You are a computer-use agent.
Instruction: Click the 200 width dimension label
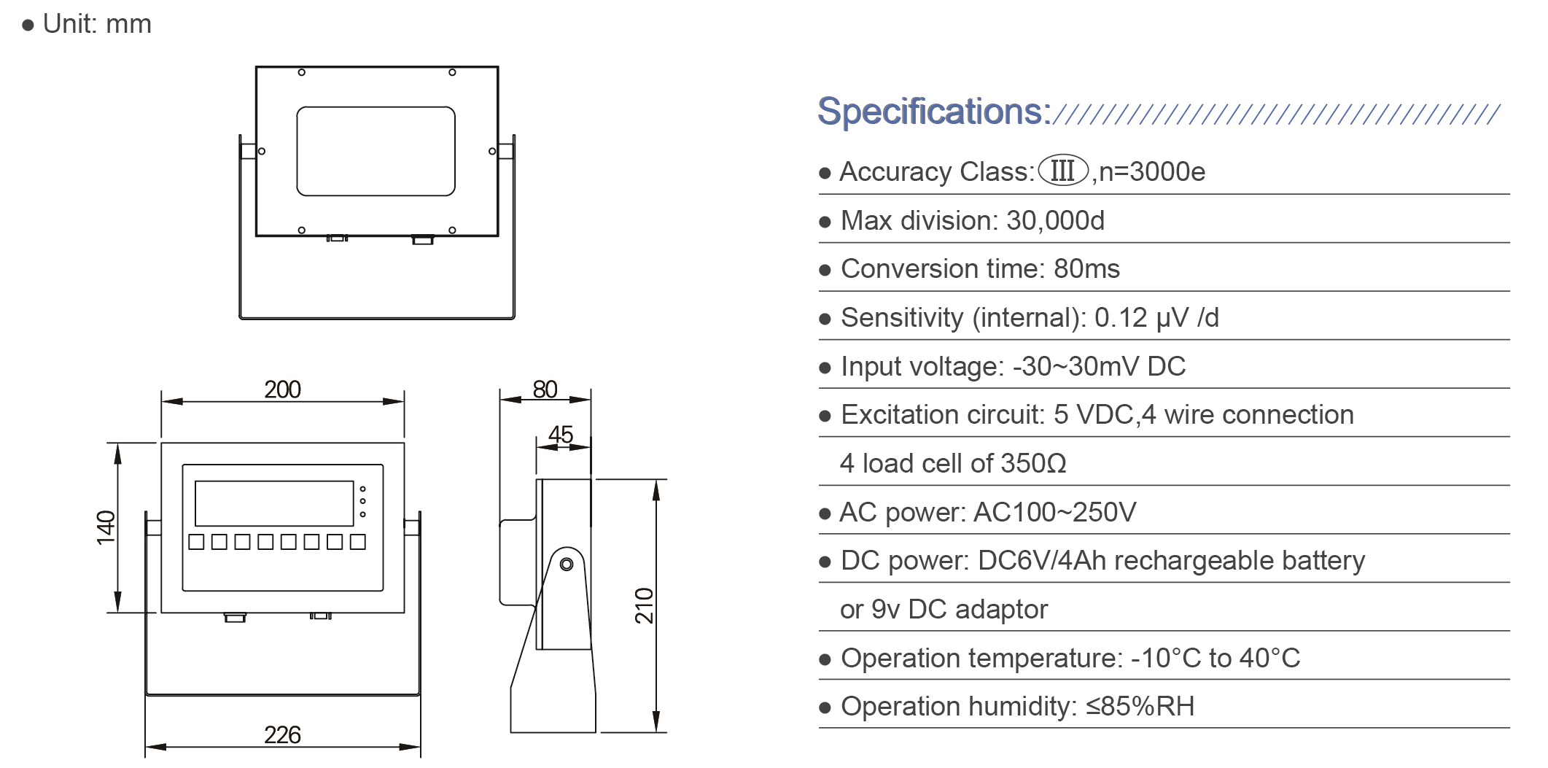point(282,389)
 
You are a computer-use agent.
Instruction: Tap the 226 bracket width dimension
point(282,734)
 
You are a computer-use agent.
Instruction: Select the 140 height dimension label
point(106,527)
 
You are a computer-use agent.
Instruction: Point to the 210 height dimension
point(645,605)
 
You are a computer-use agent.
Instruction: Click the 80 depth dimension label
point(545,389)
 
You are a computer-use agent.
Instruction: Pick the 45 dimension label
point(560,435)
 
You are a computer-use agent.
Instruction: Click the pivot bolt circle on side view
point(567,564)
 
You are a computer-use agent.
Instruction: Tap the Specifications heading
point(933,112)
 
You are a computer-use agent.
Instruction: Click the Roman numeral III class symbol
point(1062,171)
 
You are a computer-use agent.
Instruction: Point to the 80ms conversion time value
point(1086,269)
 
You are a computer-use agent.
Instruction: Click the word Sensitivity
point(902,318)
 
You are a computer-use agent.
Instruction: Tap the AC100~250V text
point(1054,512)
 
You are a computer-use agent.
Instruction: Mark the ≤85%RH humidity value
point(1140,707)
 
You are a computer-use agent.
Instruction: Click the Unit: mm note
point(96,24)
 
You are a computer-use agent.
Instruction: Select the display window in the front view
point(274,503)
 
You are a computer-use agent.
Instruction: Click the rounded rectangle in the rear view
point(376,151)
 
